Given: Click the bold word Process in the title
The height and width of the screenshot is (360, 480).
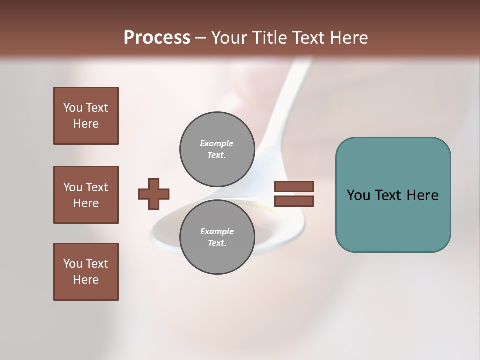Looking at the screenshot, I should click(x=157, y=38).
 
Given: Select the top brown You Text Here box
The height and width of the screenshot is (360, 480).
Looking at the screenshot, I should click(x=86, y=116).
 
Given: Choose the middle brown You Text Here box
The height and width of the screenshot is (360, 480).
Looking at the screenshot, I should click(x=86, y=195).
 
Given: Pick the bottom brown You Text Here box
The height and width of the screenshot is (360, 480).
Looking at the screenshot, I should click(x=86, y=272).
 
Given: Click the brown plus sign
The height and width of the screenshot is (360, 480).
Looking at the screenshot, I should click(x=154, y=194).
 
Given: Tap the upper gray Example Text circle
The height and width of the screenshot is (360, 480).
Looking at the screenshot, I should click(x=217, y=149).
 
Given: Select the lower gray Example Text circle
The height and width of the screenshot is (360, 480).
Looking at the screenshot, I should click(x=217, y=237).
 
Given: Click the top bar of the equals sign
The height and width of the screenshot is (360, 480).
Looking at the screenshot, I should click(x=294, y=187).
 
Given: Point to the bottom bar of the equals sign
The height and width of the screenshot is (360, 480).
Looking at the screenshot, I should click(x=294, y=201).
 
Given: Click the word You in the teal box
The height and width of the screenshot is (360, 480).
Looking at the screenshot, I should click(x=358, y=195).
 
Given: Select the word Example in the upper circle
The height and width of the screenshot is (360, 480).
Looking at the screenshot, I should click(x=217, y=143).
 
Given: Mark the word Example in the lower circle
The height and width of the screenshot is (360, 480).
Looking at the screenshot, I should click(x=217, y=231).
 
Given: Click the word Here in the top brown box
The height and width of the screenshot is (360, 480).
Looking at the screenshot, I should click(x=86, y=124).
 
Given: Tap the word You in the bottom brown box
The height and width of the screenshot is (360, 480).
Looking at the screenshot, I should click(x=73, y=264).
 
